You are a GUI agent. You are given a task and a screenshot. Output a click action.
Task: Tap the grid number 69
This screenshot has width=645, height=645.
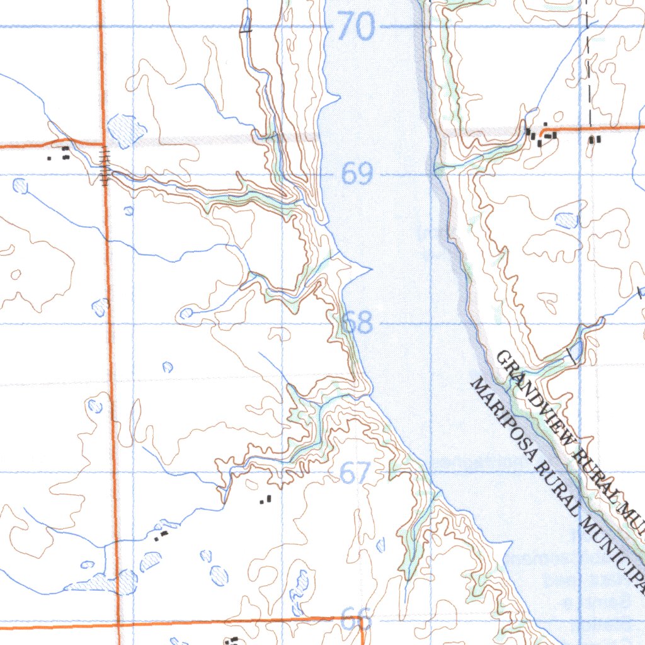click(357, 174)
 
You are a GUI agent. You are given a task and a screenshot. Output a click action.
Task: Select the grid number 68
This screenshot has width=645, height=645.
click(357, 324)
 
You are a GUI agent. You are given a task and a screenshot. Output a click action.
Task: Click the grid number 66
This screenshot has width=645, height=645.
click(356, 620)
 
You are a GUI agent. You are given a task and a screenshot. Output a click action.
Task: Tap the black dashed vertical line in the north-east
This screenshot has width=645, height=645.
click(588, 63)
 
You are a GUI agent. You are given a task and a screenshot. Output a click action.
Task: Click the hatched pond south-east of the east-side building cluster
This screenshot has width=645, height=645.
click(566, 220)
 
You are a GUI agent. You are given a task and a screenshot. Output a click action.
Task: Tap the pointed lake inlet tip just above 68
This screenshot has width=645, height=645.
click(370, 269)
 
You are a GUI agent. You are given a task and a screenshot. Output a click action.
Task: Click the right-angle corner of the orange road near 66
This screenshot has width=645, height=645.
click(363, 620)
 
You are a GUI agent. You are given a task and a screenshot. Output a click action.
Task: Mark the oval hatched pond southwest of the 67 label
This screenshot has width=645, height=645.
click(219, 574)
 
